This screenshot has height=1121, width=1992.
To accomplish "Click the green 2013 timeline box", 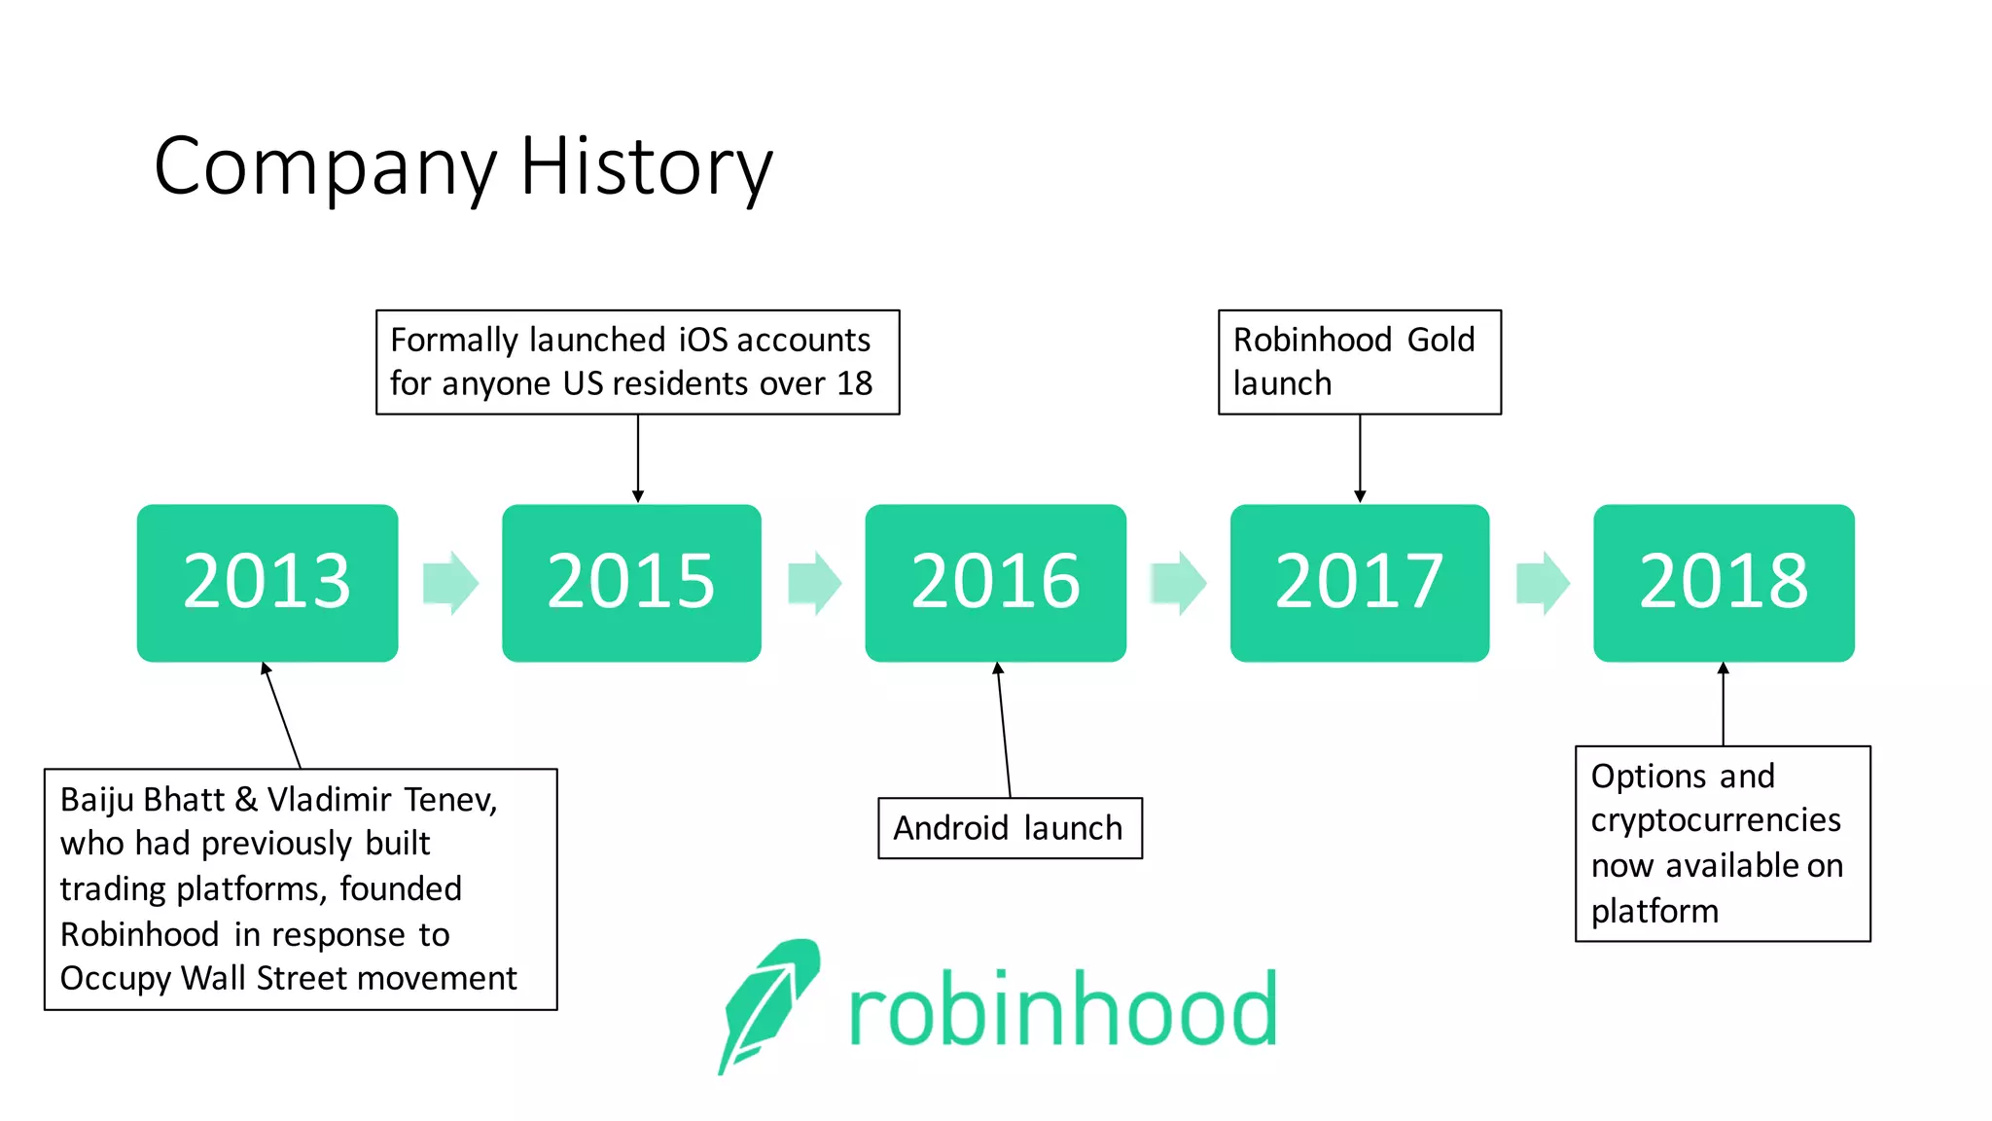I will (267, 582).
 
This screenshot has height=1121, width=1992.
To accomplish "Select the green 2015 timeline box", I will (631, 582).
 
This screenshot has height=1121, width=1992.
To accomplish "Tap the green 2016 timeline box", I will (995, 582).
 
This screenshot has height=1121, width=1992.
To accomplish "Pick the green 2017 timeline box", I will (1359, 582).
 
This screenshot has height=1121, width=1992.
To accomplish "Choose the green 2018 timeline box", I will (1724, 582).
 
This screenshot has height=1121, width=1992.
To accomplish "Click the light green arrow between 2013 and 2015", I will (450, 583).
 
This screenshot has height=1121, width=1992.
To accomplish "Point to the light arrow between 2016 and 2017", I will (1178, 583).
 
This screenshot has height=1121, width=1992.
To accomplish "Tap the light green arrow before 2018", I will (1543, 583).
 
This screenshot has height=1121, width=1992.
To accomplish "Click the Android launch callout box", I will (1009, 828).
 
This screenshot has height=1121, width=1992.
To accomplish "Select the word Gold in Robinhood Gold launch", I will (1441, 340).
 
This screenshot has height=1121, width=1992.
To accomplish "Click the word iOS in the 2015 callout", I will (702, 340).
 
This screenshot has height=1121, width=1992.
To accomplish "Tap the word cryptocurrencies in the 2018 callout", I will (1715, 820).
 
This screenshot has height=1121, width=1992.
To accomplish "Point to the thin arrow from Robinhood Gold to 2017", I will (1359, 457).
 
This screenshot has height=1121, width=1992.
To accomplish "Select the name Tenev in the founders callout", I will (450, 800).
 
